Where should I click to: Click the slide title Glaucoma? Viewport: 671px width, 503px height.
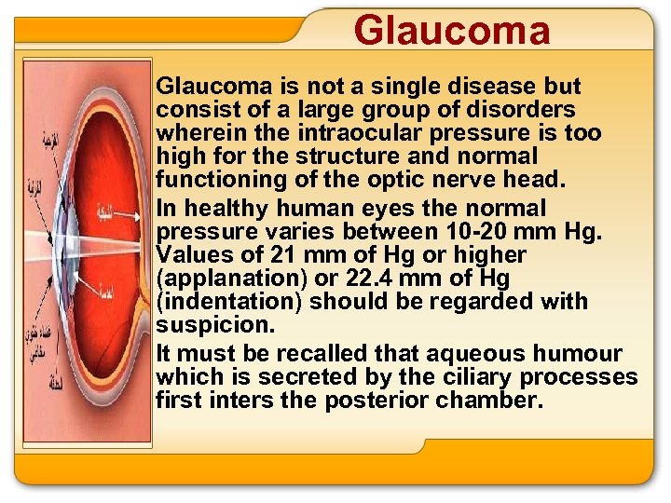coord(452,30)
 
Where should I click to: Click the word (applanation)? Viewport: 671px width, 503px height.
coord(218,278)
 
